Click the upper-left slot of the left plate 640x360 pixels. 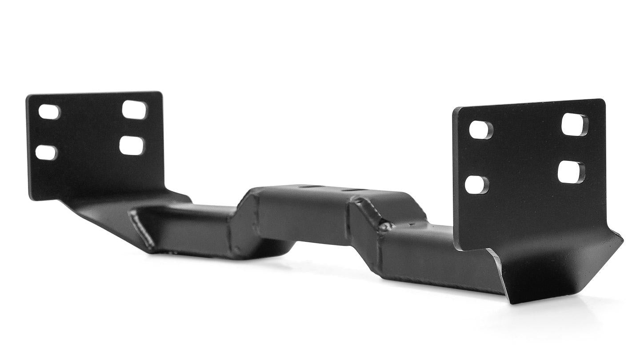[49, 112]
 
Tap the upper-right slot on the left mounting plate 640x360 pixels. [134, 110]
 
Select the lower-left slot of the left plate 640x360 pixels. [46, 152]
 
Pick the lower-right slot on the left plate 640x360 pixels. [132, 145]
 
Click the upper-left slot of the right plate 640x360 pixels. [481, 130]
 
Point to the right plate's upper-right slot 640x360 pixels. [575, 124]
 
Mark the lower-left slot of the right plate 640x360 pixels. [477, 184]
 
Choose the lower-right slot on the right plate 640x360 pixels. [571, 172]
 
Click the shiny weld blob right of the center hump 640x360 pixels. [385, 227]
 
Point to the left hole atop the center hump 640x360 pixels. [306, 187]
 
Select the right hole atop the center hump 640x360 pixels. [349, 190]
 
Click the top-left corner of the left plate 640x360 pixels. [28, 96]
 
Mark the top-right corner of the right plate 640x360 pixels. [604, 100]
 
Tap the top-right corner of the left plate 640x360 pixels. [161, 93]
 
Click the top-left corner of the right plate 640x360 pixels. [454, 109]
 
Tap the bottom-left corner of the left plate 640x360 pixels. [31, 198]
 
